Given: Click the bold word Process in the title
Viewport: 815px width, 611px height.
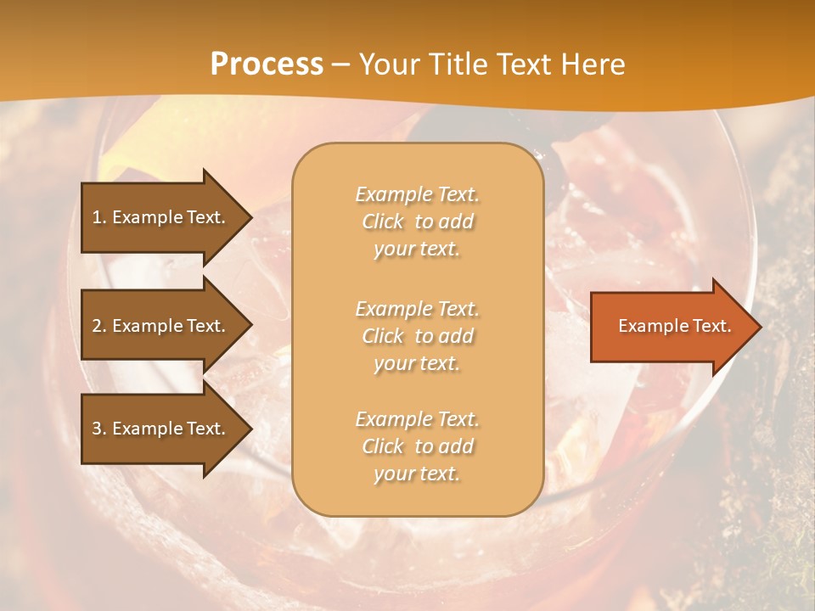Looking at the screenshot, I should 267,64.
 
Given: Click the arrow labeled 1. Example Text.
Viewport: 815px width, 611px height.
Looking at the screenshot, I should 161,217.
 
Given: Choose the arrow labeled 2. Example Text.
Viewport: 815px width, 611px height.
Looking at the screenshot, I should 161,326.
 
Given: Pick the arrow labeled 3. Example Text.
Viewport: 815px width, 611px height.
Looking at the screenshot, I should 161,429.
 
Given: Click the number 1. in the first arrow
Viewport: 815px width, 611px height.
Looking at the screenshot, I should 99,217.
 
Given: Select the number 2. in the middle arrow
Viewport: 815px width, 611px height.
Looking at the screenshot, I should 99,326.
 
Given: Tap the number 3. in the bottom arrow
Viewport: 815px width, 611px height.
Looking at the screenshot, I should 99,429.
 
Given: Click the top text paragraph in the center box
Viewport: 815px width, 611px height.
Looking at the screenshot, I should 418,221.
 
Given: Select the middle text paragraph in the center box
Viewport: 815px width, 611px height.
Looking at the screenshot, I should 418,336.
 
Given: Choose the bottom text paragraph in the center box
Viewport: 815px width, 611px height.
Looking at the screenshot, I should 418,446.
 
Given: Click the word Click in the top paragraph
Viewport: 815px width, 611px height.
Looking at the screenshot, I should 383,222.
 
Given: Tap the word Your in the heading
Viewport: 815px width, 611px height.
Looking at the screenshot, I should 387,64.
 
